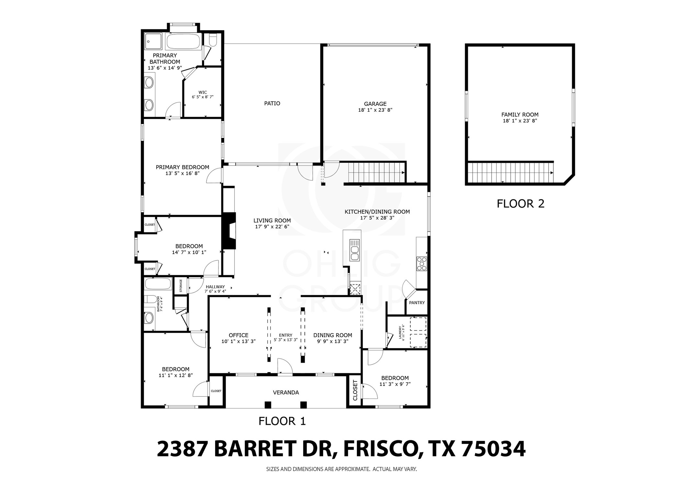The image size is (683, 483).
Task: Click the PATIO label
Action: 272,103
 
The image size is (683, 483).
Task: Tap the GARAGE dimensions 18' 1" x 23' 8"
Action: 375,110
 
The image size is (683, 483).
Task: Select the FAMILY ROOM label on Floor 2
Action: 520,114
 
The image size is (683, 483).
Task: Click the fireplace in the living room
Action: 229,231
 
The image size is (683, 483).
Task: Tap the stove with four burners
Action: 422,264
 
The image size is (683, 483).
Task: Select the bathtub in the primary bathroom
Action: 183,41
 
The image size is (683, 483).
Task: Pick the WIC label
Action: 203,92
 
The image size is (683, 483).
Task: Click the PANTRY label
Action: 417,303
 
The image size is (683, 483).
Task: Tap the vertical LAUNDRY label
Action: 402,332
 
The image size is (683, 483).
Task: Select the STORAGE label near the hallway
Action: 181,286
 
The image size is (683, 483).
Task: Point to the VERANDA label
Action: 286,393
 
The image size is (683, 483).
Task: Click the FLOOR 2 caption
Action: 520,203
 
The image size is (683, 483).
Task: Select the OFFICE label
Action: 238,335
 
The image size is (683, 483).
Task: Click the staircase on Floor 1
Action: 376,173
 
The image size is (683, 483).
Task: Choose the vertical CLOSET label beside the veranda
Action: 355,390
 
